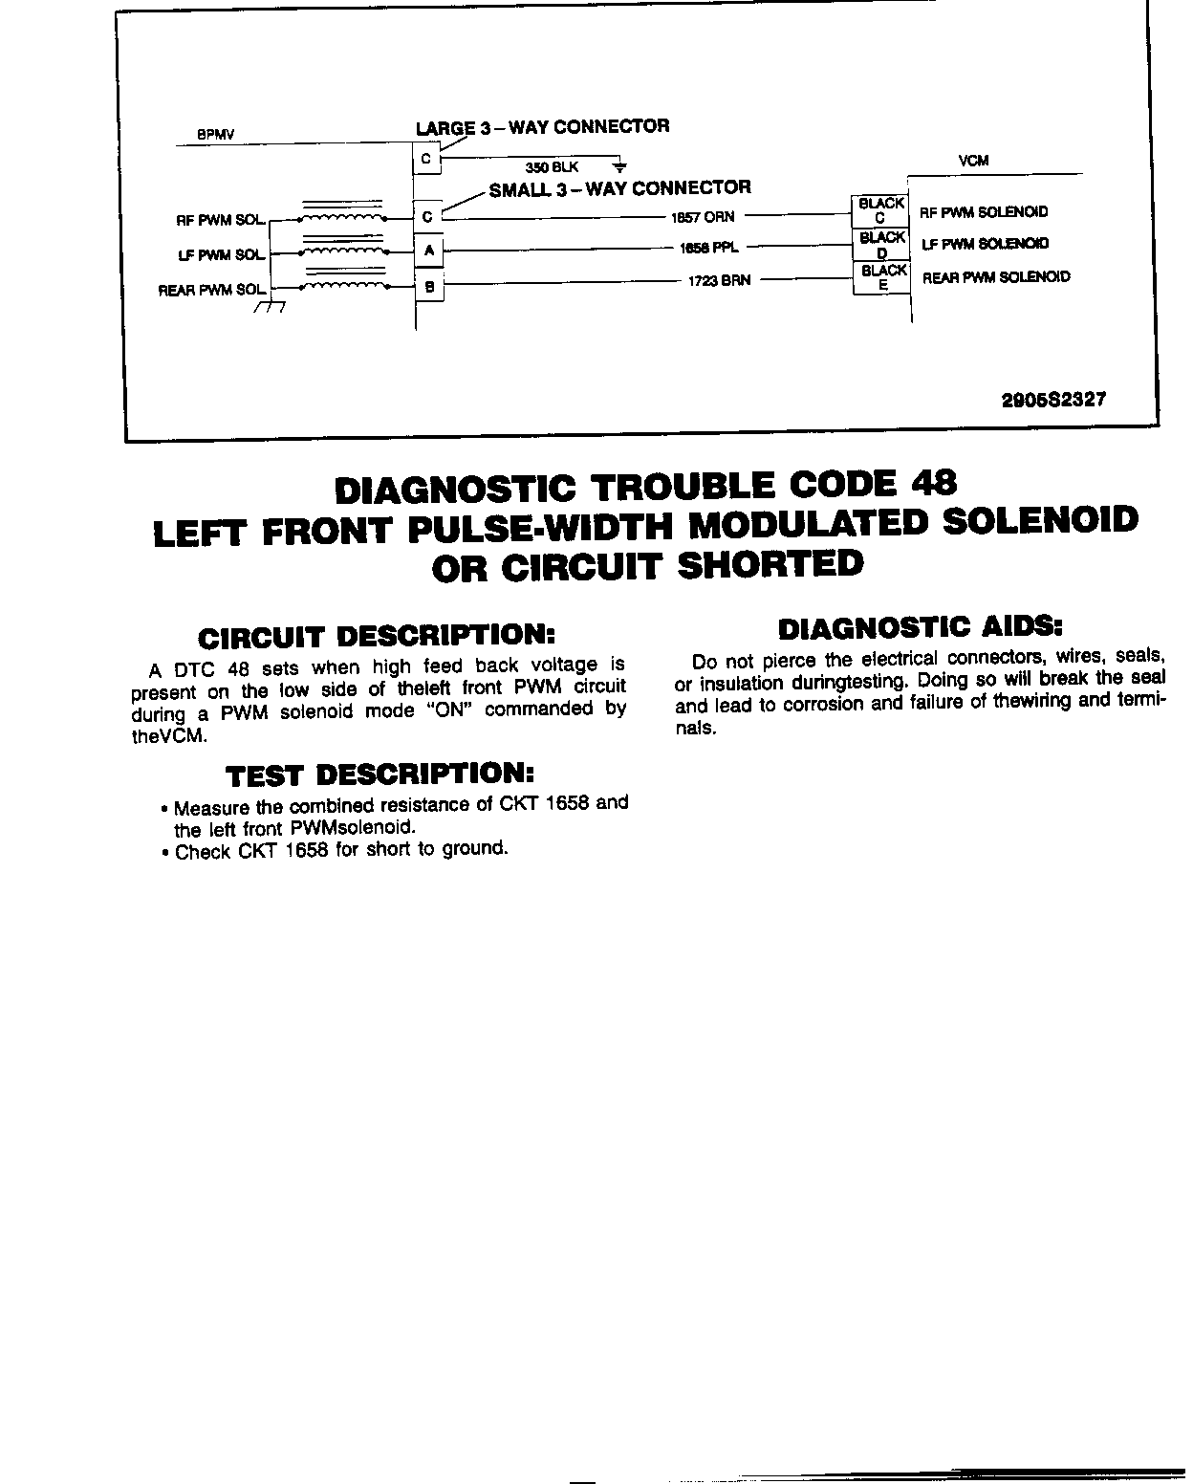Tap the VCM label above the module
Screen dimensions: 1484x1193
[x=973, y=162]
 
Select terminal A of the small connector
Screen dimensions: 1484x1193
[x=428, y=251]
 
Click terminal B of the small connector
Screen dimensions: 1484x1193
[x=428, y=284]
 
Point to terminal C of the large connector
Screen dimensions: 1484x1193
[x=426, y=160]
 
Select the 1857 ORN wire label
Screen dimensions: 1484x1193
[x=703, y=217]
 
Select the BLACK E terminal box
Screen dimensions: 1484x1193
[x=881, y=278]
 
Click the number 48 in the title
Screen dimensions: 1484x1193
[x=932, y=485]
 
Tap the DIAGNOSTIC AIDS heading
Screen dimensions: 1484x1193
[x=920, y=628]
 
